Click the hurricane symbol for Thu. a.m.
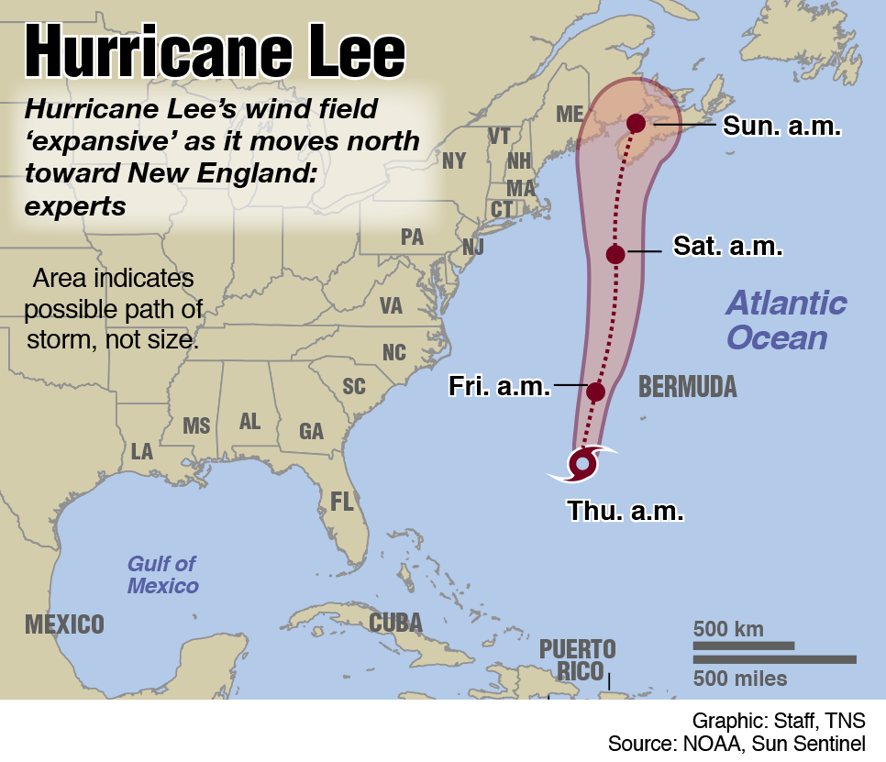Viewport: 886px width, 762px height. (x=582, y=463)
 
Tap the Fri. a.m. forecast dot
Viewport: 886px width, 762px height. (x=595, y=392)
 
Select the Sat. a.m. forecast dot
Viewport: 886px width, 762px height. (x=615, y=254)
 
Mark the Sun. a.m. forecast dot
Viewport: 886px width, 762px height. (x=636, y=123)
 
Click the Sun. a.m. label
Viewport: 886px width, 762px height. (x=781, y=126)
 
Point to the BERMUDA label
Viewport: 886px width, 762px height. (x=687, y=386)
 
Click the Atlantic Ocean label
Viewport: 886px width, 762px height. (x=786, y=320)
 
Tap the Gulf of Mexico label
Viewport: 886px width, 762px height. (x=162, y=575)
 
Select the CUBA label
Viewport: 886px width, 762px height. (x=395, y=624)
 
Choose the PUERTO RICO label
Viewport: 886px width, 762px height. (x=578, y=660)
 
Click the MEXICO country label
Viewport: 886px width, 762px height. (x=64, y=625)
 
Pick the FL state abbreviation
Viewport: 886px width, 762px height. (x=342, y=501)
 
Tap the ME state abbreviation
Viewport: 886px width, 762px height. (x=570, y=115)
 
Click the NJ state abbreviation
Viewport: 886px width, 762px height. (x=473, y=248)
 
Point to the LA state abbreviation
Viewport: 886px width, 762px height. (x=142, y=451)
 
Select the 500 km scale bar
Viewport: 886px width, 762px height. (x=743, y=646)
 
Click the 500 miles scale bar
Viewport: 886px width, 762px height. (x=774, y=659)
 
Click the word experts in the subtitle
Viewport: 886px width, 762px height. (x=75, y=206)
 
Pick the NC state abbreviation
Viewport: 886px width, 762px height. (x=393, y=353)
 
